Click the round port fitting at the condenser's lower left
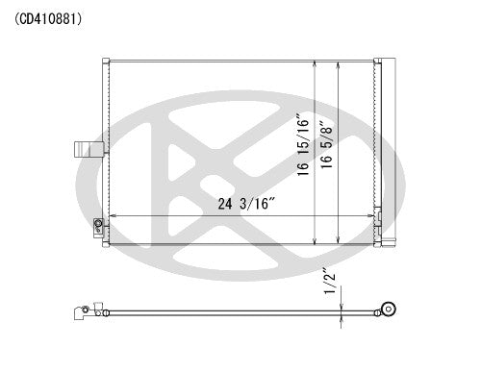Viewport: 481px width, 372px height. click(x=98, y=227)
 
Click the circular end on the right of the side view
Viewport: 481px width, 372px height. click(x=389, y=310)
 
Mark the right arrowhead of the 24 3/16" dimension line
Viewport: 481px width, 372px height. click(x=373, y=216)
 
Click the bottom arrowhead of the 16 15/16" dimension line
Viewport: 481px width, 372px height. click(x=317, y=236)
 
